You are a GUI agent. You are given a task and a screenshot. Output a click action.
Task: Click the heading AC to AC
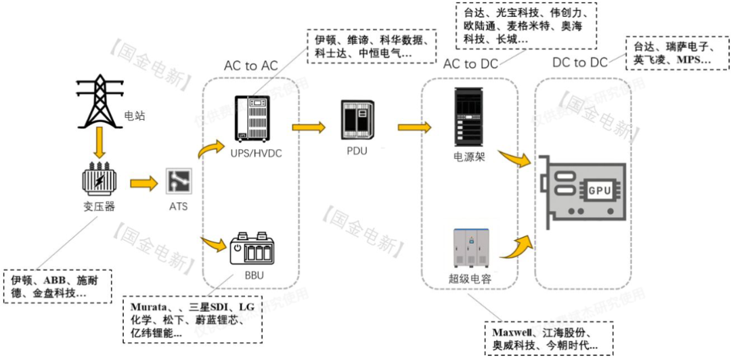pos(250,66)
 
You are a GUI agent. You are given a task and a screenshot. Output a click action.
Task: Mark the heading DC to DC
pos(580,63)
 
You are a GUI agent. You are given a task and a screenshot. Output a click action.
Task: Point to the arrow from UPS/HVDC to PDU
pos(307,126)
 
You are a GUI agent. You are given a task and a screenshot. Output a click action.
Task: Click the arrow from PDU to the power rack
pos(414,126)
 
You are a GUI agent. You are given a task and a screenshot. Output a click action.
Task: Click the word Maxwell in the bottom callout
pos(513,334)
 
